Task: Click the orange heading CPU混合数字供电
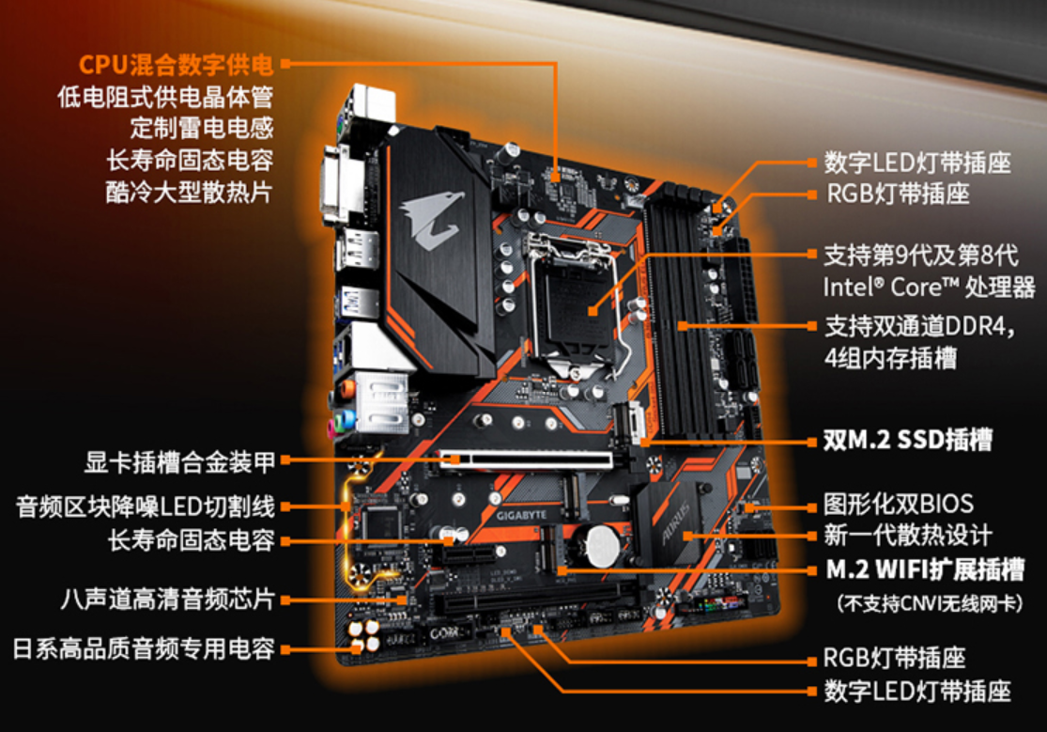177,65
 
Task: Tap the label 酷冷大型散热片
189,192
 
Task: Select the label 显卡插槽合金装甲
179,462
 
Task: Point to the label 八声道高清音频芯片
167,599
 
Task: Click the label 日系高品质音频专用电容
144,648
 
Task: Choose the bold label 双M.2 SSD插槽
908,440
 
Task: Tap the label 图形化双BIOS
898,504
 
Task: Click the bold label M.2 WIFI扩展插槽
925,569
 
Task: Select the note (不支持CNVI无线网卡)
930,603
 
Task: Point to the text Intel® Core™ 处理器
929,288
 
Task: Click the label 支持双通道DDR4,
919,326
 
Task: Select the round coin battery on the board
603,545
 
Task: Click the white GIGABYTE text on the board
521,516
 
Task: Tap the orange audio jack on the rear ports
346,389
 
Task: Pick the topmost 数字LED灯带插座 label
917,163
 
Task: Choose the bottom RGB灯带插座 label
895,658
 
